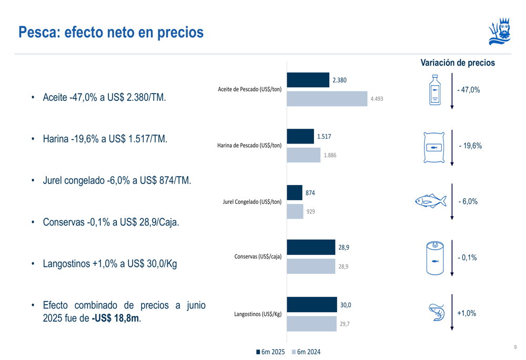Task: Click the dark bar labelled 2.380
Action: coord(308,80)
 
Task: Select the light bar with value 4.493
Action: coord(327,99)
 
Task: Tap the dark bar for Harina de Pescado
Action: coord(300,137)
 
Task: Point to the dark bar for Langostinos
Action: coord(311,305)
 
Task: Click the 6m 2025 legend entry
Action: coord(270,352)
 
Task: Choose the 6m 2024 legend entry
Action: coord(306,352)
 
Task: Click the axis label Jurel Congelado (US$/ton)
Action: coord(252,201)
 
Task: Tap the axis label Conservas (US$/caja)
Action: coord(258,257)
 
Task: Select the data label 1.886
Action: coord(330,156)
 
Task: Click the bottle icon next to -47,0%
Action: coord(434,90)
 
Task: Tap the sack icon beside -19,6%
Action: coord(434,147)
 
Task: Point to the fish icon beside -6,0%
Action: coord(431,201)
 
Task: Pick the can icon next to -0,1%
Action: coord(434,258)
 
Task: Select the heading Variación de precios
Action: coord(458,63)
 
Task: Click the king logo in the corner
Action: coord(500,32)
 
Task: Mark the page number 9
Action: coord(515,347)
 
